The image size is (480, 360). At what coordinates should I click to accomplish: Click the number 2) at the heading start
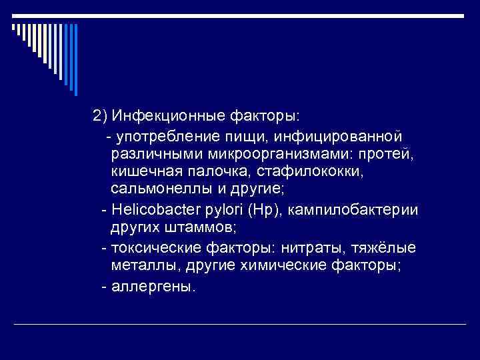[101, 117]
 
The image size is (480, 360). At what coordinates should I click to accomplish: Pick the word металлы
[139, 266]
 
